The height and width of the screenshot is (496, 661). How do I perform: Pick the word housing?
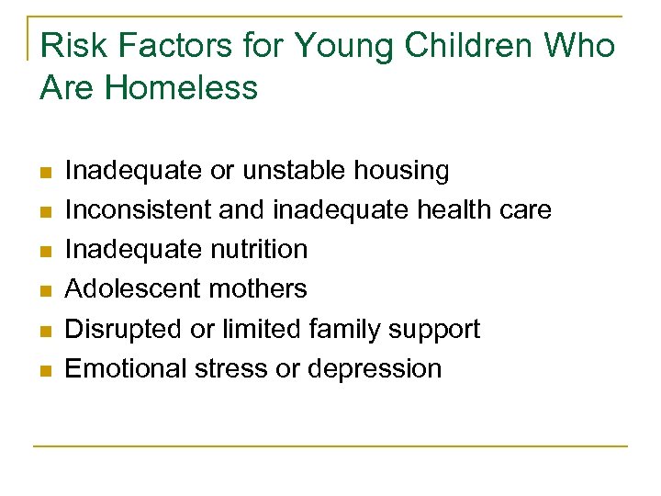[x=404, y=172]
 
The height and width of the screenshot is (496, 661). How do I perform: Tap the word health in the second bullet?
[x=456, y=209]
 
